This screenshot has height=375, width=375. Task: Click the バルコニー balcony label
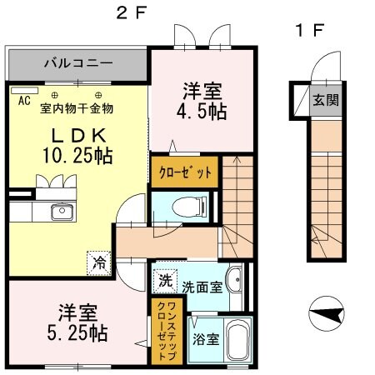[x=77, y=63]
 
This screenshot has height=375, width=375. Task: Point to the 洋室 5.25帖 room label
[x=82, y=323]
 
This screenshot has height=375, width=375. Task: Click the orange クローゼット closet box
[x=184, y=172]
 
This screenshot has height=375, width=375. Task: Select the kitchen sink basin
[x=61, y=212]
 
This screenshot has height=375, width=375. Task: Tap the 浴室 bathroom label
[x=202, y=340]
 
